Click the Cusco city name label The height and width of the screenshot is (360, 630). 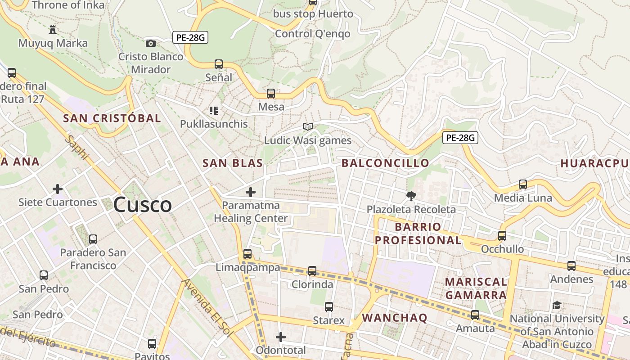[x=142, y=205]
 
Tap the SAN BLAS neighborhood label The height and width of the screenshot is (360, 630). [x=233, y=163]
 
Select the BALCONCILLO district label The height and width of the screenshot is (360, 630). [x=385, y=163]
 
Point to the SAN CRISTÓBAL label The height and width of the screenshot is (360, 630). [x=112, y=118]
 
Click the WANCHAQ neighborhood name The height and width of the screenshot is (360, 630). [x=395, y=318]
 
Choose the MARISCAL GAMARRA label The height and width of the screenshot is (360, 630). [x=476, y=288]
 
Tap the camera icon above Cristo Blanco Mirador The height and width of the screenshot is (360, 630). [x=151, y=43]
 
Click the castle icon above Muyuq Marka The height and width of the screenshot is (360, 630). [x=53, y=30]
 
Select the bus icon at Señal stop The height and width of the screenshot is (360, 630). [x=219, y=64]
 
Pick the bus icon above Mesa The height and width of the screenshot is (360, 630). [x=271, y=94]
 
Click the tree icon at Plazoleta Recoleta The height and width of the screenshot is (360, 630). [x=411, y=196]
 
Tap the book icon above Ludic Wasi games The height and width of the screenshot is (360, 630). [x=307, y=127]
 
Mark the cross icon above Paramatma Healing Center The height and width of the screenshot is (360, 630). [x=251, y=192]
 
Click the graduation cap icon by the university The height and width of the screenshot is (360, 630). [x=557, y=306]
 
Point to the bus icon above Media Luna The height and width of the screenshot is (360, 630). [x=523, y=184]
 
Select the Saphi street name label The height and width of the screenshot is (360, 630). [x=77, y=147]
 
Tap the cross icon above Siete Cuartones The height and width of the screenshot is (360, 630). [x=58, y=189]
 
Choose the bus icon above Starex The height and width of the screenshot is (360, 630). [x=329, y=307]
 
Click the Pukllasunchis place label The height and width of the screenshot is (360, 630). [x=214, y=124]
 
